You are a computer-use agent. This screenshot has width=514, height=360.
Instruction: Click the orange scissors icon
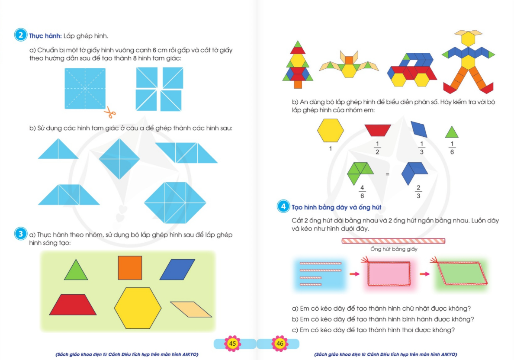(110, 112)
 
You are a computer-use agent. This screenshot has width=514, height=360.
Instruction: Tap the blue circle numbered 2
(21, 35)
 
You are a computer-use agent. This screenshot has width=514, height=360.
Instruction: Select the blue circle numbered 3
(21, 234)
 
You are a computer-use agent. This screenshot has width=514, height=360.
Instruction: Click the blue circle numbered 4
(283, 206)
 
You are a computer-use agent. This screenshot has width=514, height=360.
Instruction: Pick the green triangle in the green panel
(76, 270)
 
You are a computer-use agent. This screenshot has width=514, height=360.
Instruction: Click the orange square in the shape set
(130, 268)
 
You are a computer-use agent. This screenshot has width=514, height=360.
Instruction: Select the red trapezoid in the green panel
(73, 305)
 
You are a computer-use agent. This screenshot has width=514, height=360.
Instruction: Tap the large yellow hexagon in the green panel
(138, 308)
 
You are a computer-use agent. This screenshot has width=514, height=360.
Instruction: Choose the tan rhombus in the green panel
(191, 309)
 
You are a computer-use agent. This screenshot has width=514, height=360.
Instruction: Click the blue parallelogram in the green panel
(177, 270)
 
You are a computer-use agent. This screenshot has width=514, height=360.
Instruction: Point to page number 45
(232, 344)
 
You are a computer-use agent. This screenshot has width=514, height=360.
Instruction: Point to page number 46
(280, 344)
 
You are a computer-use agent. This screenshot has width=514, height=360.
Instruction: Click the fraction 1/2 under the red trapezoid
(377, 148)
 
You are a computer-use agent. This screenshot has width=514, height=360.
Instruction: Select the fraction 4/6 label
(362, 192)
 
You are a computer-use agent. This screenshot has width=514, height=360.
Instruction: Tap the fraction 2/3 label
(418, 192)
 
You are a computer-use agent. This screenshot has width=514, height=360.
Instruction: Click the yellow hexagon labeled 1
(331, 130)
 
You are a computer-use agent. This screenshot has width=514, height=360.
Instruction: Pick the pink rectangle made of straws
(389, 274)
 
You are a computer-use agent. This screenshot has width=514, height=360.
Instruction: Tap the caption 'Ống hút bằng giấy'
(394, 249)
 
